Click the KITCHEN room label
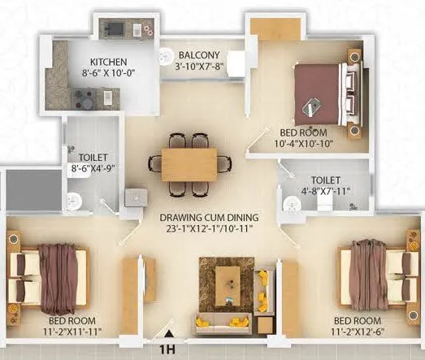coord(107,62)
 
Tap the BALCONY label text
coord(197,55)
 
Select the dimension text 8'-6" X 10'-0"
coord(107,72)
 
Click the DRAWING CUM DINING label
coord(209,217)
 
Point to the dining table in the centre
coord(189,164)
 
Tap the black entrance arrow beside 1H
coord(167,333)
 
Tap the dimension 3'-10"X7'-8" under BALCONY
coord(197,67)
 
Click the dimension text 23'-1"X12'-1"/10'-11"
coord(209,229)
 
